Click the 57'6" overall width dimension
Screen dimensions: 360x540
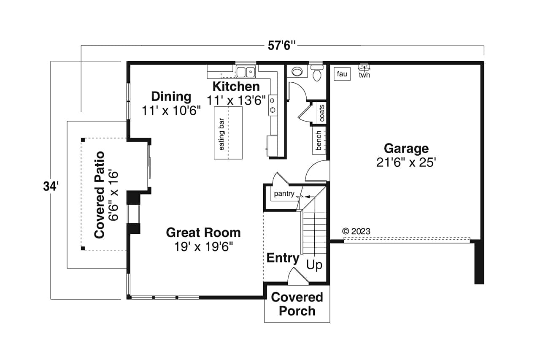[280, 46]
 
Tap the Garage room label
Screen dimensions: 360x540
[406, 149]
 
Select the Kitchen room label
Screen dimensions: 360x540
[236, 87]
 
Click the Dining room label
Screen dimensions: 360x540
[171, 97]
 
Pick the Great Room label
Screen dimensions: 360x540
[203, 233]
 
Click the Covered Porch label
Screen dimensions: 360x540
[297, 304]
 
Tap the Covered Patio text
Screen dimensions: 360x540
[100, 195]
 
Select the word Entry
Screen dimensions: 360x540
[283, 258]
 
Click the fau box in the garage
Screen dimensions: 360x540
[342, 74]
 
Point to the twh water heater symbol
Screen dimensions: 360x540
[364, 68]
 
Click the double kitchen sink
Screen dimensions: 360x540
[246, 72]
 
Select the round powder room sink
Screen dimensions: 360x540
[297, 71]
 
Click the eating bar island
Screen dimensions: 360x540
[228, 133]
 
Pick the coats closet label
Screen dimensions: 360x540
[322, 113]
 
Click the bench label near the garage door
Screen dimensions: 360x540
[319, 140]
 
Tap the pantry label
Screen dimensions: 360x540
[284, 194]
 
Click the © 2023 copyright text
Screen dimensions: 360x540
[356, 231]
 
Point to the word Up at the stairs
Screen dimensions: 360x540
[314, 265]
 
